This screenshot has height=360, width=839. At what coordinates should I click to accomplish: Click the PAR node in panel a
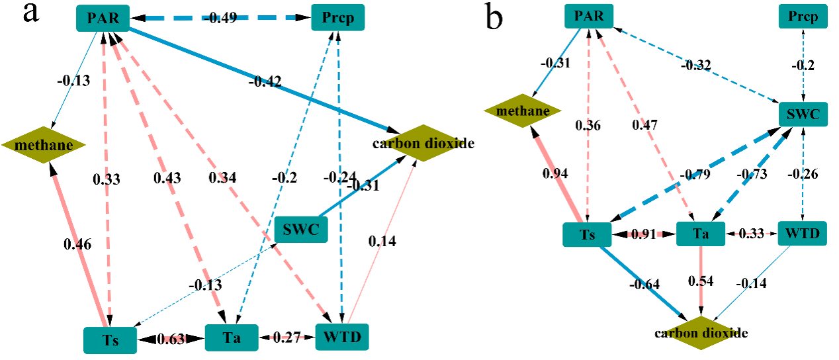click(102, 18)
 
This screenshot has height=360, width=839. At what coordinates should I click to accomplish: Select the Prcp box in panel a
click(338, 18)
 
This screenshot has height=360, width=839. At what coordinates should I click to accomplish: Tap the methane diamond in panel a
click(37, 144)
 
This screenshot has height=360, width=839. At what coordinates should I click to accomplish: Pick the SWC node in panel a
click(300, 229)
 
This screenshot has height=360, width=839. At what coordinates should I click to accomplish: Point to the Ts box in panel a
click(110, 340)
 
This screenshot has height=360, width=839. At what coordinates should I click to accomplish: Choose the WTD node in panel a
click(341, 337)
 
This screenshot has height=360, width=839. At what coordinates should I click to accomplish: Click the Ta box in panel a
click(231, 338)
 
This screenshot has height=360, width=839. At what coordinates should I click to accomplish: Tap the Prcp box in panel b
click(803, 16)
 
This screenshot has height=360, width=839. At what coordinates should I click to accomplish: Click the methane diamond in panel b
click(523, 111)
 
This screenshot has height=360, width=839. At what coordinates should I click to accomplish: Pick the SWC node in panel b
click(803, 115)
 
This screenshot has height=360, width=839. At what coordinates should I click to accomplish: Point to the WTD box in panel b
click(802, 233)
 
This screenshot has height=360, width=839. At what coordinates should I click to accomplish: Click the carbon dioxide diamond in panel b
click(701, 333)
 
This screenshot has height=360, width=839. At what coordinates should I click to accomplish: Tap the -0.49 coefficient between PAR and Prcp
click(220, 18)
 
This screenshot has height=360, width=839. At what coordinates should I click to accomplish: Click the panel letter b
click(494, 18)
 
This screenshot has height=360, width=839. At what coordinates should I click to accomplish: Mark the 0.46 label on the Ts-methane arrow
click(77, 244)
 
